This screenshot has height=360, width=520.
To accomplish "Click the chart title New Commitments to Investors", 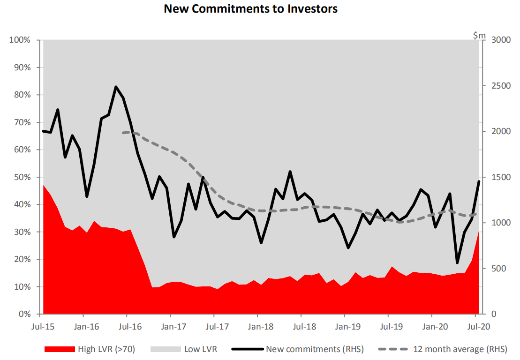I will tap(250, 9).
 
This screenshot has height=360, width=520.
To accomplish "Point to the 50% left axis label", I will tap(21, 178).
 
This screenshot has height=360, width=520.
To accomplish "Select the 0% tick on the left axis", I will tap(23, 315).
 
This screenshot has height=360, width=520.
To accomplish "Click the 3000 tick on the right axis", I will tap(499, 40).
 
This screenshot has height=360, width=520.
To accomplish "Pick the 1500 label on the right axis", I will tap(499, 178).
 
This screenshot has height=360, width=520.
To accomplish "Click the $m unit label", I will tap(479, 35).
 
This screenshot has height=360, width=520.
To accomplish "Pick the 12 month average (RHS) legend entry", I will tap(443, 349).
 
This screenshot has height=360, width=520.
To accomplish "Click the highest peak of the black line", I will tap(116, 87).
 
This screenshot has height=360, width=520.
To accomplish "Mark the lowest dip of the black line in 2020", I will tap(457, 262).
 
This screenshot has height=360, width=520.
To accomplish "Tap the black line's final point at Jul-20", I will tap(479, 181).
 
